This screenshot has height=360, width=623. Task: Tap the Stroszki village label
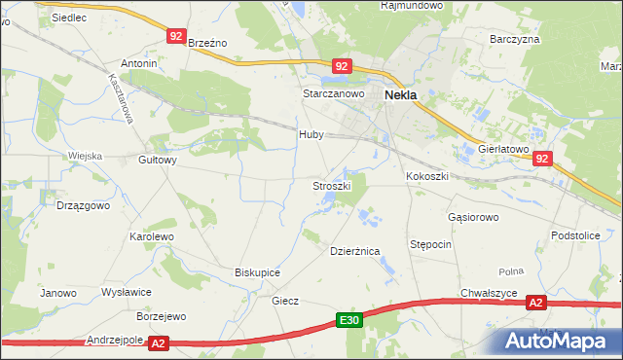click(x=330, y=185)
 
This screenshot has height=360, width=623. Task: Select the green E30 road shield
click(x=350, y=320)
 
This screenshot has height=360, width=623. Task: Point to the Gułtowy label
click(x=158, y=161)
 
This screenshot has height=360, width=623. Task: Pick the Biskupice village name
click(x=258, y=272)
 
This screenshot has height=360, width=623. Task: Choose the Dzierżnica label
click(x=353, y=251)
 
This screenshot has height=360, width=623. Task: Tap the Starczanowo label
click(x=332, y=93)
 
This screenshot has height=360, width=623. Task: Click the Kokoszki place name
click(x=426, y=176)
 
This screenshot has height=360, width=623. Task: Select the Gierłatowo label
click(x=502, y=150)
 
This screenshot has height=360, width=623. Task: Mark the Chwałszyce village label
click(x=489, y=293)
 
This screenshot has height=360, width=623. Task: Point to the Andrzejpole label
click(x=115, y=341)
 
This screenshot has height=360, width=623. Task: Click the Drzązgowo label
click(x=83, y=206)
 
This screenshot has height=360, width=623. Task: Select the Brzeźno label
click(x=206, y=43)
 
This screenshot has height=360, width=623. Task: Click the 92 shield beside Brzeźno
click(x=175, y=36)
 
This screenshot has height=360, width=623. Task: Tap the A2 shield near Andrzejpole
click(x=160, y=342)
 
